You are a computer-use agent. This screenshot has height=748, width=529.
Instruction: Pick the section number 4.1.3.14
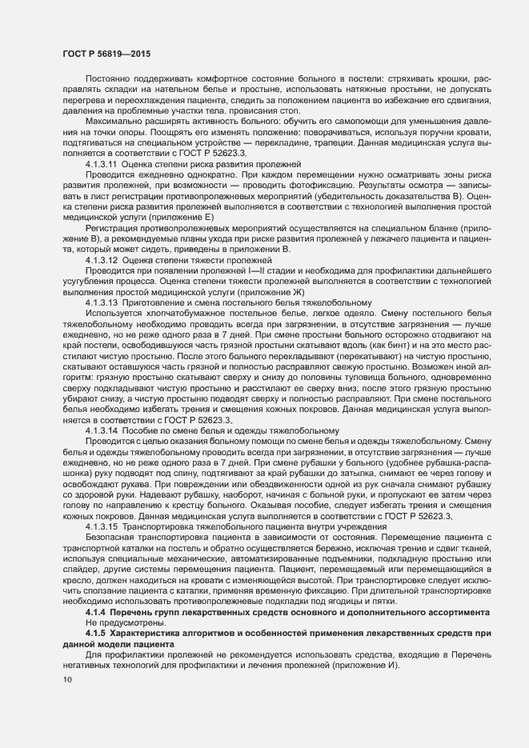point(102,430)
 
